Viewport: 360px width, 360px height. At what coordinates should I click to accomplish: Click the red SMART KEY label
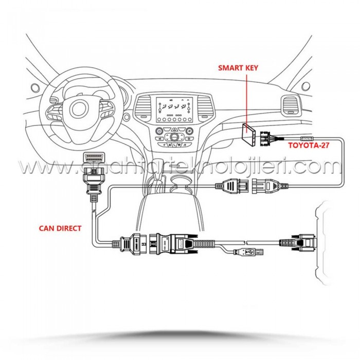click(241, 67)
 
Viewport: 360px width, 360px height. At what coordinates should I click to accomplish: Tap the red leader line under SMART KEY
click(247, 98)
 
